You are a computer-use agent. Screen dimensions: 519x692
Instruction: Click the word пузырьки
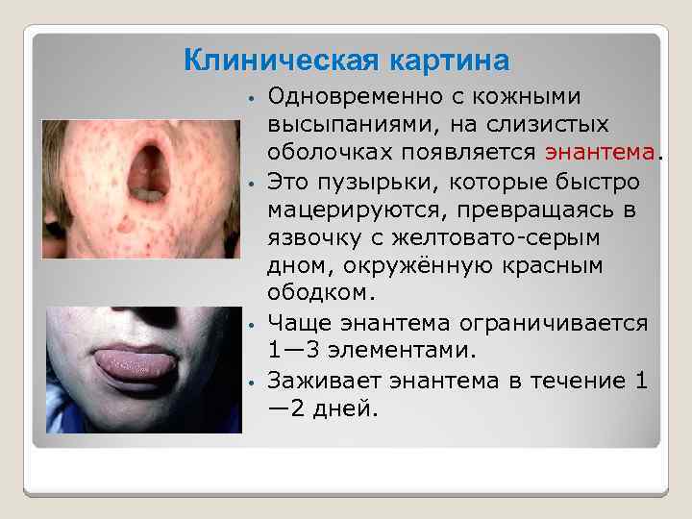click(374, 180)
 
